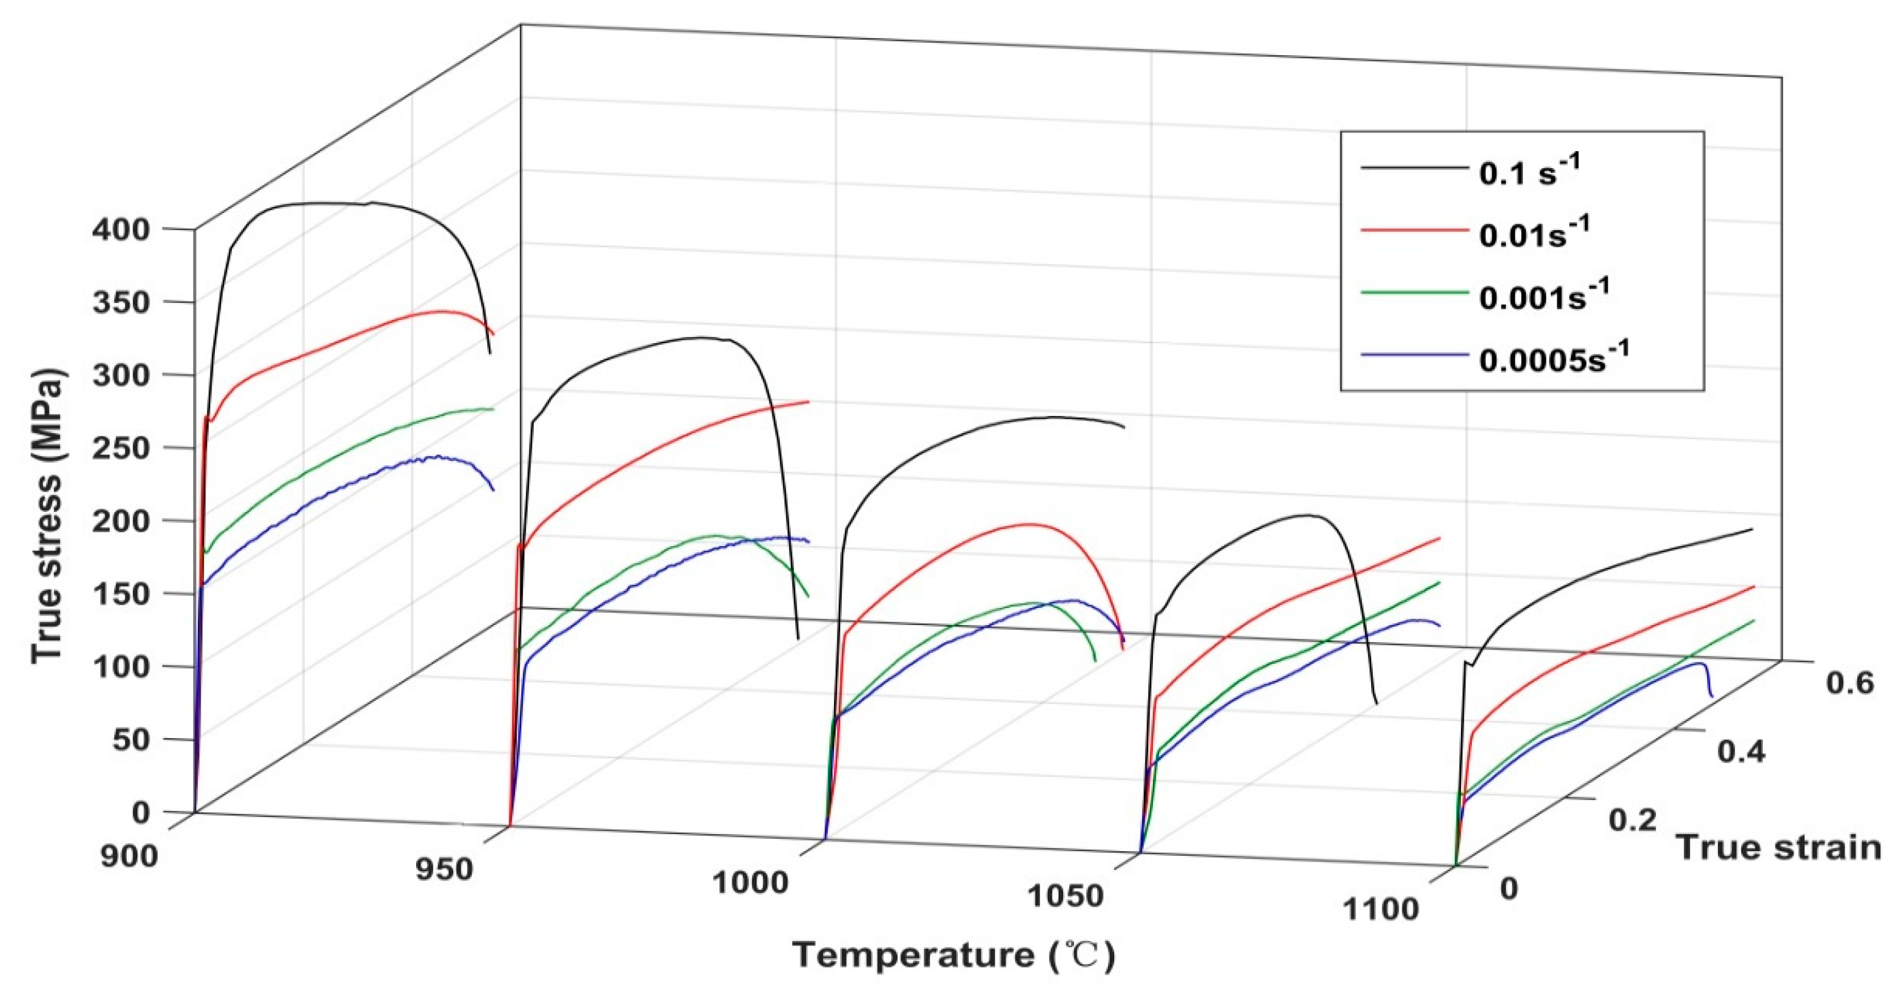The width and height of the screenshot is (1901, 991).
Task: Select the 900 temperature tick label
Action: pos(129,856)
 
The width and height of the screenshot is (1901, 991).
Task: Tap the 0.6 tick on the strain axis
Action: pos(1849,683)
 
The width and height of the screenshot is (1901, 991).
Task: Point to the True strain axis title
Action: pos(1779,847)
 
